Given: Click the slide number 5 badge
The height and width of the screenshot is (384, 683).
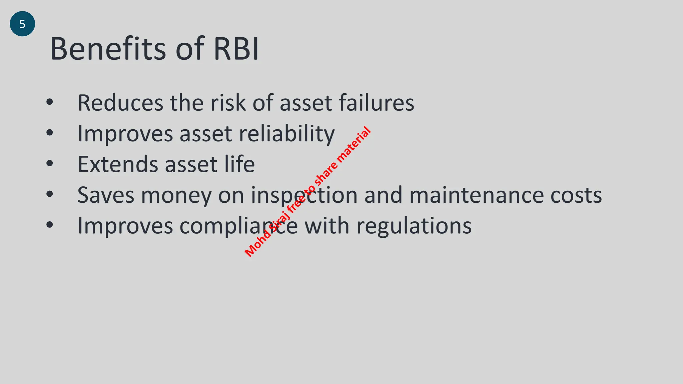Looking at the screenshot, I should [22, 24].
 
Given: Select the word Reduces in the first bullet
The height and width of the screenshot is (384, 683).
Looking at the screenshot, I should [120, 103].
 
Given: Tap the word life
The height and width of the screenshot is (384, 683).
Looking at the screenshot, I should [239, 164].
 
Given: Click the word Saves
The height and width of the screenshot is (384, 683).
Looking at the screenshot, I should [106, 195].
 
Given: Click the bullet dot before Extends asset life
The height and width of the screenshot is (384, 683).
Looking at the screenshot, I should [50, 163].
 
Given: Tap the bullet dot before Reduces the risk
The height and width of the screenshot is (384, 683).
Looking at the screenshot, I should [50, 102].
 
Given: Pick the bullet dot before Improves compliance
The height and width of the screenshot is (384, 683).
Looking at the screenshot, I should [50, 225].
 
